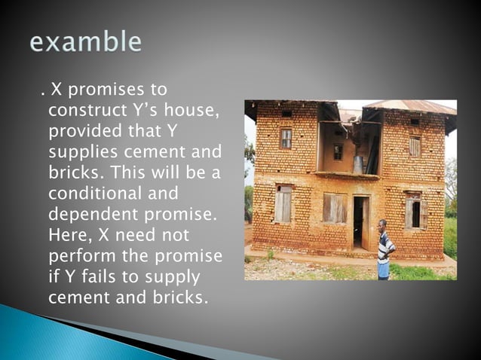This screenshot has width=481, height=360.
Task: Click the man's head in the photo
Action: point(382,224)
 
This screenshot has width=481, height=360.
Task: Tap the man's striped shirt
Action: point(384,246)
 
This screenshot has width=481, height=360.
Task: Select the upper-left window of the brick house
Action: point(286,138)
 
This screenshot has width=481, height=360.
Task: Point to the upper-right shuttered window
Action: point(415,145)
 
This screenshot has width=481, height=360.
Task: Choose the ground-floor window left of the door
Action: point(283,203)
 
